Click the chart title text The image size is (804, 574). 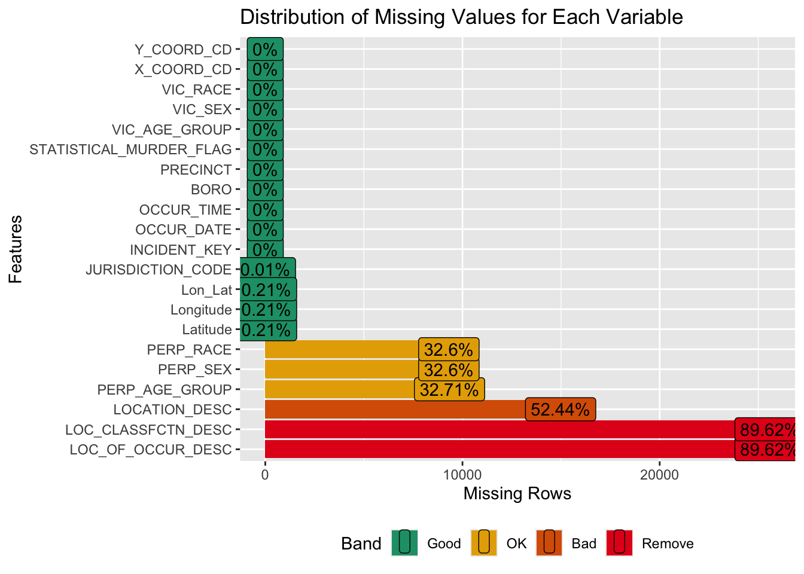click(461, 17)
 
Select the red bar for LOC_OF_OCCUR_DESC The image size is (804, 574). click(500, 450)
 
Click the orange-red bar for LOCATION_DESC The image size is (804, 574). click(395, 410)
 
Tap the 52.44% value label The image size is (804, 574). click(560, 410)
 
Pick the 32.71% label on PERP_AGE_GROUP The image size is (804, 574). click(449, 390)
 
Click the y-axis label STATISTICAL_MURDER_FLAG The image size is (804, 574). click(130, 149)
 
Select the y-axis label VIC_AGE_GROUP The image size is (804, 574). click(172, 130)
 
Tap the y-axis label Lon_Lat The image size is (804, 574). click(206, 290)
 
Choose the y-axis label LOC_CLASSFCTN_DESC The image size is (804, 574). click(148, 430)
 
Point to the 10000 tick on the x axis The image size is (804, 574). click(462, 475)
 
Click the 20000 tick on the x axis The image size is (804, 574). click(659, 475)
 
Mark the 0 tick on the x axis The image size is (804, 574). click(264, 475)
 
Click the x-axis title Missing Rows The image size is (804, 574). click(517, 494)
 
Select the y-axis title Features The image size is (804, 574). click(16, 249)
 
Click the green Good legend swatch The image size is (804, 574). click(404, 543)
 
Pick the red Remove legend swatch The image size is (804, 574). click(619, 543)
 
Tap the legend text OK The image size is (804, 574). click(516, 544)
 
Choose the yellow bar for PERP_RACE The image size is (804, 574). click(341, 350)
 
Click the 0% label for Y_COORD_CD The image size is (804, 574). click(264, 50)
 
